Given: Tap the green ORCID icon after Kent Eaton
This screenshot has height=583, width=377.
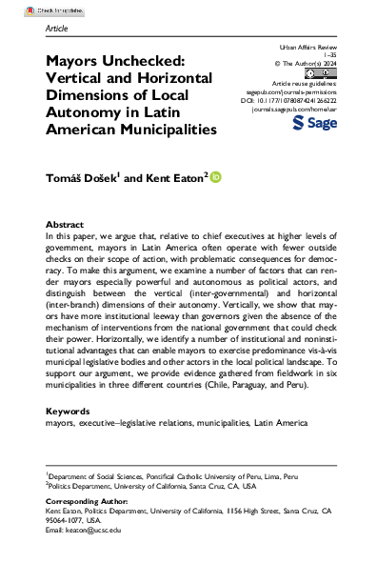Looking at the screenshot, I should [x=215, y=176].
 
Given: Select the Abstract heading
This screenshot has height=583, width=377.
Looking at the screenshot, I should [x=65, y=224].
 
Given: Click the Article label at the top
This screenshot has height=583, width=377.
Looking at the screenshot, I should [x=57, y=29].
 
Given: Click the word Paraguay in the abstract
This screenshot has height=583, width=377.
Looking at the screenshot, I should [x=256, y=398].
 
